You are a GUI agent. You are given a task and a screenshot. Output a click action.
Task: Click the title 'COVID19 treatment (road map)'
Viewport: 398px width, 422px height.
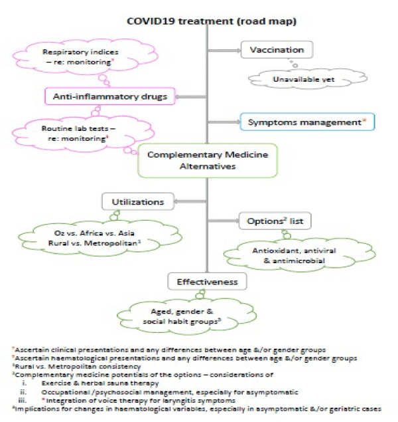[x=211, y=21]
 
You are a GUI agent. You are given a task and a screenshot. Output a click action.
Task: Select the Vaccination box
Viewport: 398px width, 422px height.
[x=278, y=50]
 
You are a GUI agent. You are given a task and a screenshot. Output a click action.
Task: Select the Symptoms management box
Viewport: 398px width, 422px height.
[x=289, y=123]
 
